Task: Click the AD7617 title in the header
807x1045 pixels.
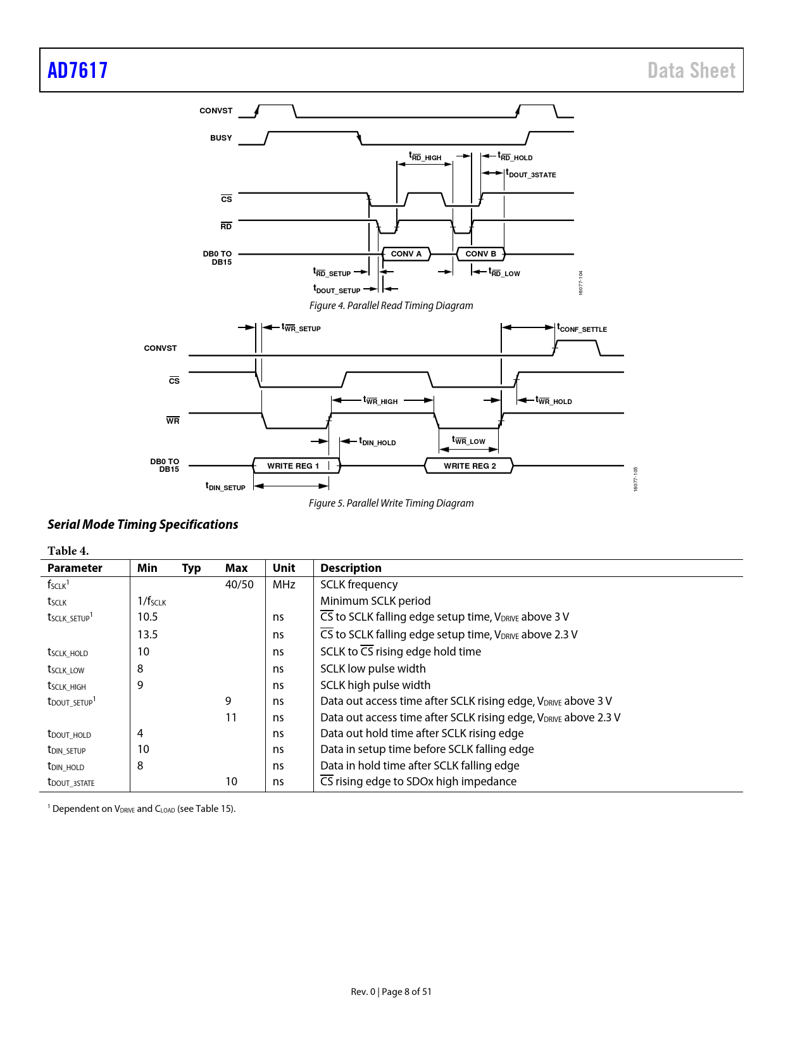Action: point(78,70)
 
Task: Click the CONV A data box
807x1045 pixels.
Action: point(406,254)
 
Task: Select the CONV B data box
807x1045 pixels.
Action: point(481,254)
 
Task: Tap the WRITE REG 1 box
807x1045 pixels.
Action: point(294,466)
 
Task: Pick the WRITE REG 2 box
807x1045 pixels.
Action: point(470,466)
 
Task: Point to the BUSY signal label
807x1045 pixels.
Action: point(221,138)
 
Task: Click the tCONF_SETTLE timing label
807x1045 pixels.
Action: point(582,329)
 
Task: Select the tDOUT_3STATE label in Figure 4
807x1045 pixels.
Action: point(531,174)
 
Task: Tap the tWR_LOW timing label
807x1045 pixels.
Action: point(469,441)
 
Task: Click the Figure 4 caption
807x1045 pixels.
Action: point(391,306)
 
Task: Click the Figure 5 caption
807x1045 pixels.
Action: point(391,503)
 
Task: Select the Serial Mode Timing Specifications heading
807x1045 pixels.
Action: point(143,524)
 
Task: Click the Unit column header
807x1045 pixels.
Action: point(284,568)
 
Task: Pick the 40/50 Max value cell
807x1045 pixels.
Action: point(239,585)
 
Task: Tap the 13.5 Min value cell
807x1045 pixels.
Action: point(147,635)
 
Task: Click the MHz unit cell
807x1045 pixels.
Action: point(284,585)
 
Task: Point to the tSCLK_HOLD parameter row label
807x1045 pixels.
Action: point(68,652)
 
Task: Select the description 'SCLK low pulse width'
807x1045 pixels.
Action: point(373,669)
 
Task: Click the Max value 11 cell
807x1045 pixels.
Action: point(231,718)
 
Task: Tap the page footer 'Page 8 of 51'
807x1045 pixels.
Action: point(406,992)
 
